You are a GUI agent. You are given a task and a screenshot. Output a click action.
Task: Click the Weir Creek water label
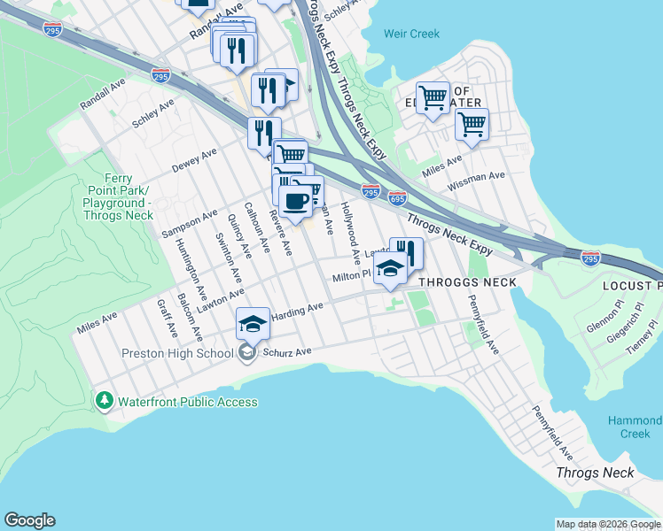[411, 34]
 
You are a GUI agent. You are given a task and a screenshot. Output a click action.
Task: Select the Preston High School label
[176, 353]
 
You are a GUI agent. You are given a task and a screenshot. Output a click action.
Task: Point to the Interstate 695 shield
[397, 197]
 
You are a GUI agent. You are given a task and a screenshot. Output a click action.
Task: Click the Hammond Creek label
[636, 427]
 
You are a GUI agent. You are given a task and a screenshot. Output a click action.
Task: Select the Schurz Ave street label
[285, 352]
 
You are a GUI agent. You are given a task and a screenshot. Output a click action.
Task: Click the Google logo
[29, 520]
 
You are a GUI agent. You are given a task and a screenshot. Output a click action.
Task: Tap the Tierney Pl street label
[640, 337]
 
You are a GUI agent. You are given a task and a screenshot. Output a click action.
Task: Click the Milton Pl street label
[351, 278]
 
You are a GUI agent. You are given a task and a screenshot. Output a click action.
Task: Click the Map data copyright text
[608, 524]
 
